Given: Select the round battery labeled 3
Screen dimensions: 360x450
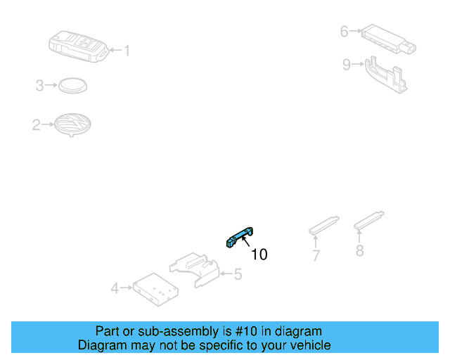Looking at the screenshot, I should tap(72, 85).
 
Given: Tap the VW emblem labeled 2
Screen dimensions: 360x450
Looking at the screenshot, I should tap(73, 125).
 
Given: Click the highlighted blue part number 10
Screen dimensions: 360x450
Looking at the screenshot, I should tap(239, 237).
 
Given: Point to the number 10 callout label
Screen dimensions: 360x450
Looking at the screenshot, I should tap(259, 255).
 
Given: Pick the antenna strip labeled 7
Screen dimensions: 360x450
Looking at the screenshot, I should tap(324, 224).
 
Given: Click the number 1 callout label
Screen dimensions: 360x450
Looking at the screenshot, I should tap(127, 50).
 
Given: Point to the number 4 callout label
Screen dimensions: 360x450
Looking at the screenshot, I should tap(115, 288).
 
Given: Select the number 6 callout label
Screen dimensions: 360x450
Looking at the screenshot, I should tap(344, 31).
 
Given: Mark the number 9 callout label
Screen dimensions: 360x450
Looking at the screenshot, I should tap(346, 65).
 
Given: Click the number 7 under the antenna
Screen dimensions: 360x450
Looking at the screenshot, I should tap(316, 256).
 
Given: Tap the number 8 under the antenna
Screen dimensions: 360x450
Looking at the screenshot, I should tap(359, 250).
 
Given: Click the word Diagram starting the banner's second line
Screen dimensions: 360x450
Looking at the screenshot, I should tap(101, 345).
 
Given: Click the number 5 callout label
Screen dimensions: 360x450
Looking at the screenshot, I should tap(238, 274).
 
